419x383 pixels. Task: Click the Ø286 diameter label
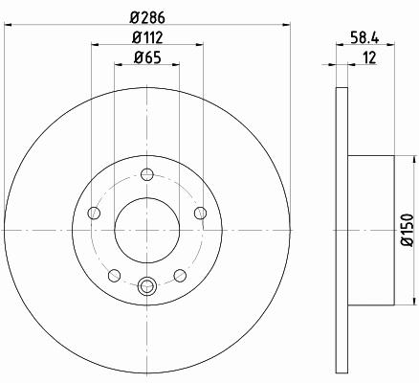(147, 17)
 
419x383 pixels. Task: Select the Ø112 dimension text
(147, 37)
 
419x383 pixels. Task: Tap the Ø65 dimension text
(147, 57)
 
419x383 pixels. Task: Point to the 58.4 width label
(365, 38)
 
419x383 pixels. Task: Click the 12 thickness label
(370, 57)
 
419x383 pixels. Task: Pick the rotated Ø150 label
(407, 230)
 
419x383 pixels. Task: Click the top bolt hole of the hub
(147, 174)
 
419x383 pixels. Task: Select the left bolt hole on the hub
(94, 213)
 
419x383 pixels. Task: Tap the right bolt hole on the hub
(200, 213)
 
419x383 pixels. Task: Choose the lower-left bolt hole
(114, 276)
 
